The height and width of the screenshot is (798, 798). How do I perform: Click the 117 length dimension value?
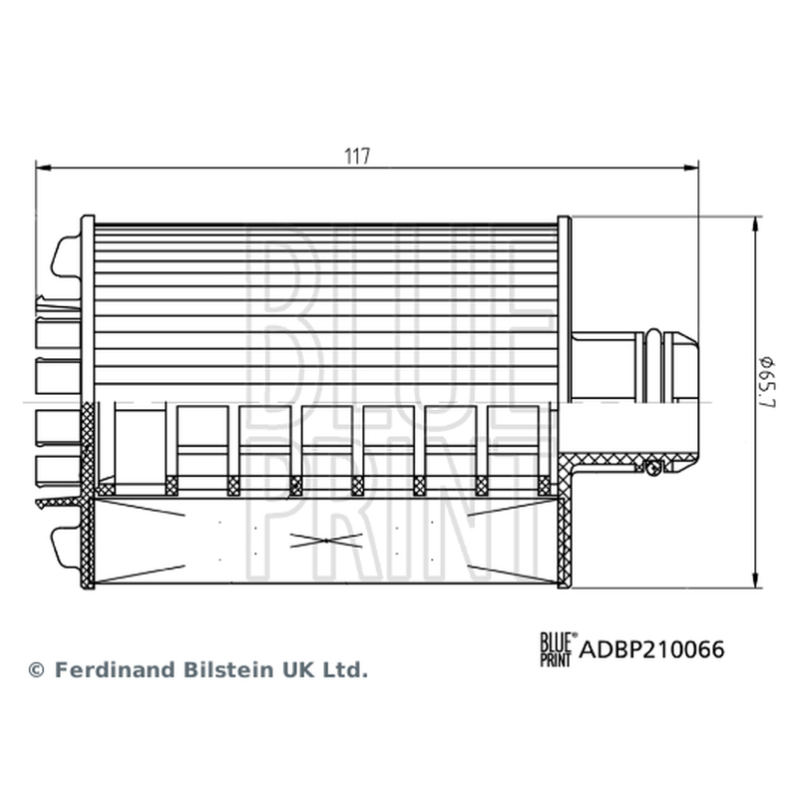click(x=357, y=156)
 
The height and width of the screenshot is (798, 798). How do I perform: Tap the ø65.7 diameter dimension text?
click(x=767, y=382)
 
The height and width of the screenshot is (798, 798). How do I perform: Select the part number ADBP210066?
click(x=651, y=650)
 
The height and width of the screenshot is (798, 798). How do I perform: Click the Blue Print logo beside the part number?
click(x=559, y=649)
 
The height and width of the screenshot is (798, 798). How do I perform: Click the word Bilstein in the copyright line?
click(x=228, y=669)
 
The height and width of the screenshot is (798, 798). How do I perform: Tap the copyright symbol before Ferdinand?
click(x=37, y=670)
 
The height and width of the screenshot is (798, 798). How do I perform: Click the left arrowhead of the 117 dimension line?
click(x=44, y=168)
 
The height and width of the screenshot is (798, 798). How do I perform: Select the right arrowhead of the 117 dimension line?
click(x=691, y=168)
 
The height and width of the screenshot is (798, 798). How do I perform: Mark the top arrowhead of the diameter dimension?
click(x=755, y=224)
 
